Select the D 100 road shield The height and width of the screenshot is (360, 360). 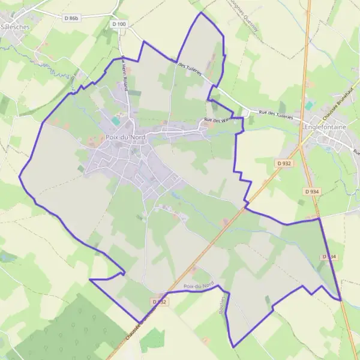(x=119, y=24)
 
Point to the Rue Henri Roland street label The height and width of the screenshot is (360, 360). (x=125, y=73)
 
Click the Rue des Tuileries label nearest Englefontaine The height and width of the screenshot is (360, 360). (x=275, y=115)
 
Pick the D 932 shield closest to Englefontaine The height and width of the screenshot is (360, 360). (x=283, y=163)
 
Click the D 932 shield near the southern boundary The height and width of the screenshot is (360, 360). (x=158, y=302)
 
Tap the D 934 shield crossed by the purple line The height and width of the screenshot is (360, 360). (x=328, y=257)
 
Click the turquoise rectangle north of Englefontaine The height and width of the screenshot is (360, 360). (x=308, y=105)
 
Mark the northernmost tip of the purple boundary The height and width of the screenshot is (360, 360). (x=200, y=13)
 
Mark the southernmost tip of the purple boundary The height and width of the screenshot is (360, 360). (x=233, y=347)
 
